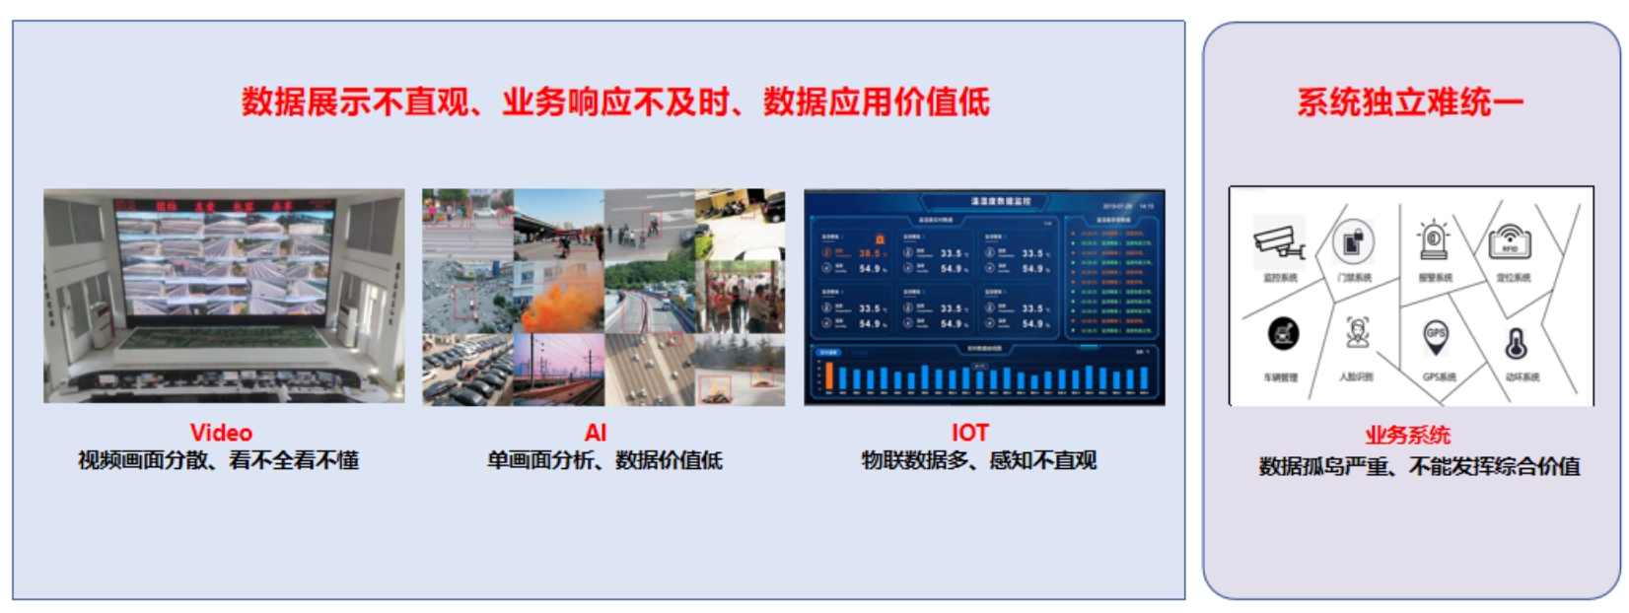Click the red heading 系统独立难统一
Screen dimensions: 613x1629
(1409, 102)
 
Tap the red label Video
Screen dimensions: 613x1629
(221, 433)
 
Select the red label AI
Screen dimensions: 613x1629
(596, 433)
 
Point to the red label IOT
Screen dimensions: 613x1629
(969, 433)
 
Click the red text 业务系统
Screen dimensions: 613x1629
(1407, 436)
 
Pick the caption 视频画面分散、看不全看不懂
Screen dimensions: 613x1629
(218, 460)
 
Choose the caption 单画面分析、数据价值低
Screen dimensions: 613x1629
(604, 460)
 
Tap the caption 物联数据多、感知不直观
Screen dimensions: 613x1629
(978, 460)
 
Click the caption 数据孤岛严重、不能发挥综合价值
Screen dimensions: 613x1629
(1419, 466)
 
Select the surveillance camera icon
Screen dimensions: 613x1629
(1279, 241)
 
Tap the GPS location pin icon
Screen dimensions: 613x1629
(1436, 338)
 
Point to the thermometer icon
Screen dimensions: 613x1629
(1517, 344)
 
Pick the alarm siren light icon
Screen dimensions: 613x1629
(1433, 240)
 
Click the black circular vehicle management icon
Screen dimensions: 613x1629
(1283, 335)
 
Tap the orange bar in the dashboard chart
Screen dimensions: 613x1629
(829, 375)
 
